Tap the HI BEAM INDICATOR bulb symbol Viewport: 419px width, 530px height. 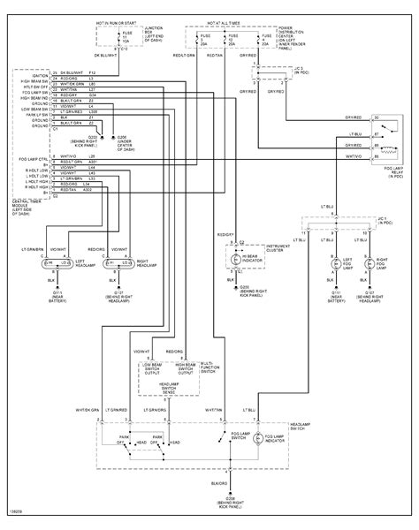(235, 260)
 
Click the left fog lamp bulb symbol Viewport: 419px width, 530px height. (335, 264)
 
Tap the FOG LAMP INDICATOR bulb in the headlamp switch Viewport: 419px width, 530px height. (257, 437)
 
